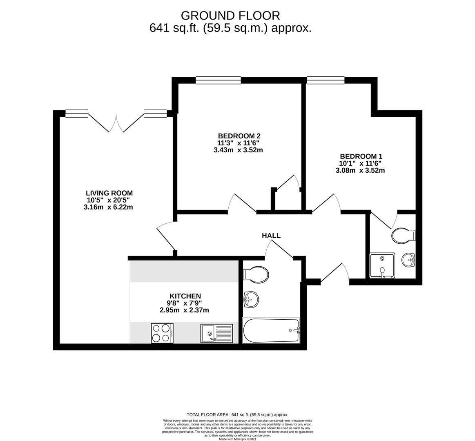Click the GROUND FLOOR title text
pos(230,16)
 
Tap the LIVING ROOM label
pos(109,193)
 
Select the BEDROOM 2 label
pos(239,136)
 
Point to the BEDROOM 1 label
pos(361,156)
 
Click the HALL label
pos(271,236)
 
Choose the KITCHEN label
pos(185,296)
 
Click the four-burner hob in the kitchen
pos(162,333)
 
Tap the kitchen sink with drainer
pos(216,333)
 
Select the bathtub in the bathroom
pos(271,330)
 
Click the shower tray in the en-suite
pos(382,265)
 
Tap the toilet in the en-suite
pos(403,236)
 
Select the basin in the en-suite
pos(408,260)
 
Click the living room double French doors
pos(116,122)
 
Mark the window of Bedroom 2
pos(218,80)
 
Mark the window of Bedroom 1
pos(326,80)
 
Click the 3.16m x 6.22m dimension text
pos(108,207)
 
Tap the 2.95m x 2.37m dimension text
pos(184,310)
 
